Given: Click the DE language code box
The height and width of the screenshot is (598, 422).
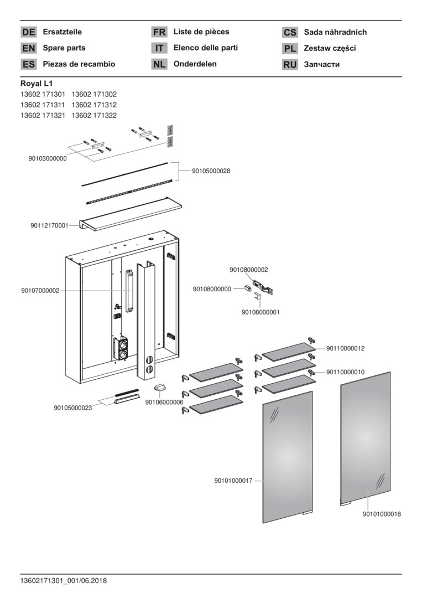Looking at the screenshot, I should [28, 32].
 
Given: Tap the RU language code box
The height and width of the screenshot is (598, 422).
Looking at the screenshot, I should [290, 64].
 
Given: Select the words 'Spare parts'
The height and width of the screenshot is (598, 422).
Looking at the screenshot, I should [64, 48].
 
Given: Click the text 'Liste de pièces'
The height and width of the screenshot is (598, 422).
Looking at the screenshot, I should [201, 32].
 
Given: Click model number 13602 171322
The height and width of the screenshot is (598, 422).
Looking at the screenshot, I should [94, 115].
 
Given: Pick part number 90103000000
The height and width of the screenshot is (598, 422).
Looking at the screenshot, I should [48, 158].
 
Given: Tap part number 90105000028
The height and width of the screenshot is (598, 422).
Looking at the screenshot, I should [211, 171].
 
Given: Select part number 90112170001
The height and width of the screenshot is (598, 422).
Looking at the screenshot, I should [49, 225].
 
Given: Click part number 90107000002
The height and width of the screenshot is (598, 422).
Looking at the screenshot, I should [40, 291].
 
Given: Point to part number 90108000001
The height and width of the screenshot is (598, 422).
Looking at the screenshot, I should [261, 312].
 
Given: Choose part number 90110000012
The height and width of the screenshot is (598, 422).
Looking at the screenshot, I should [345, 348].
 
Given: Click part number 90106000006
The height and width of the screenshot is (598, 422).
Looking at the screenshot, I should [164, 402].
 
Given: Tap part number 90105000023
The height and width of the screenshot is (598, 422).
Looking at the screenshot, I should [73, 408].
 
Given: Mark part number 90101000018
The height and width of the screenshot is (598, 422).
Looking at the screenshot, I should [382, 514].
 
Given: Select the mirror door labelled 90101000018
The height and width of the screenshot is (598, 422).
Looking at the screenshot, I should [365, 437].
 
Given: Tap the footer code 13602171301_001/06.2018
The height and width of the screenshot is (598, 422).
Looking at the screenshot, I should [63, 581].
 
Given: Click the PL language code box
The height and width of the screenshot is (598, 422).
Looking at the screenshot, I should [290, 48].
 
